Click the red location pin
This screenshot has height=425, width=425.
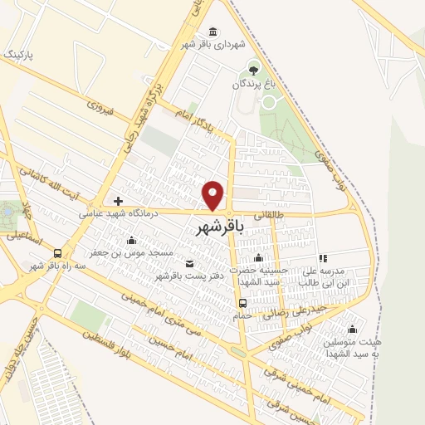[214, 194]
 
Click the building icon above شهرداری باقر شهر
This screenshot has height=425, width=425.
[214, 32]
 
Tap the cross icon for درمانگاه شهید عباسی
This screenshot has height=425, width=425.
[118, 201]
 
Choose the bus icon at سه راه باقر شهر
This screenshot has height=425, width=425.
[57, 253]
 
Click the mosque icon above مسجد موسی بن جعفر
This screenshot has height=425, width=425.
[132, 240]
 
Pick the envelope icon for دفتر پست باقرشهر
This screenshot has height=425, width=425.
[189, 264]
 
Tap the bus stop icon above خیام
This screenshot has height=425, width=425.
[242, 303]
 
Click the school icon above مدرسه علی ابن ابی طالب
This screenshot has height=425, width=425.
[323, 258]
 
